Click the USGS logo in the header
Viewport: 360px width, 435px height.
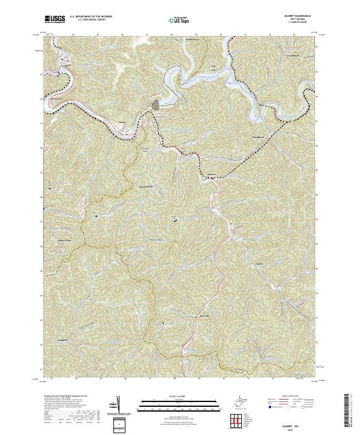coord(55,20)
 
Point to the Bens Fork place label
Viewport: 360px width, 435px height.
coord(204,316)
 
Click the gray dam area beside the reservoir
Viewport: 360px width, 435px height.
coord(156,105)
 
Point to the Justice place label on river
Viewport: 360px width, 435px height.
coord(124,123)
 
